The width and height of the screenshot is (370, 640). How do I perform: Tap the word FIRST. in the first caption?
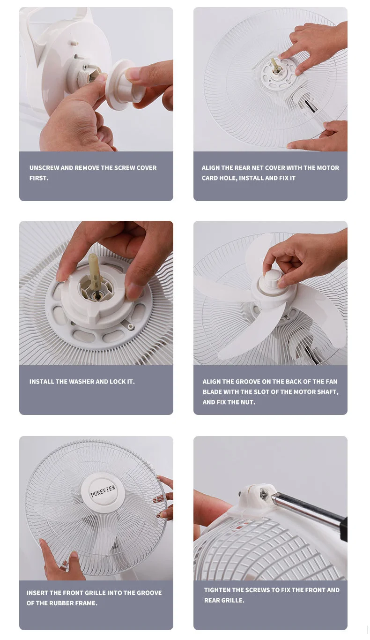pyautogui.click(x=39, y=178)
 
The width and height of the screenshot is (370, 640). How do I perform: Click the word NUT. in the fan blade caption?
pyautogui.click(x=248, y=402)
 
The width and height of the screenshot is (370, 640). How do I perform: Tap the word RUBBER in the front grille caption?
pyautogui.click(x=60, y=603)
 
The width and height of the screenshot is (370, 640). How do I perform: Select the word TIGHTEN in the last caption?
pyautogui.click(x=217, y=590)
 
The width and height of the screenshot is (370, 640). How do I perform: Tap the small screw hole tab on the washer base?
pyautogui.click(x=131, y=326)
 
